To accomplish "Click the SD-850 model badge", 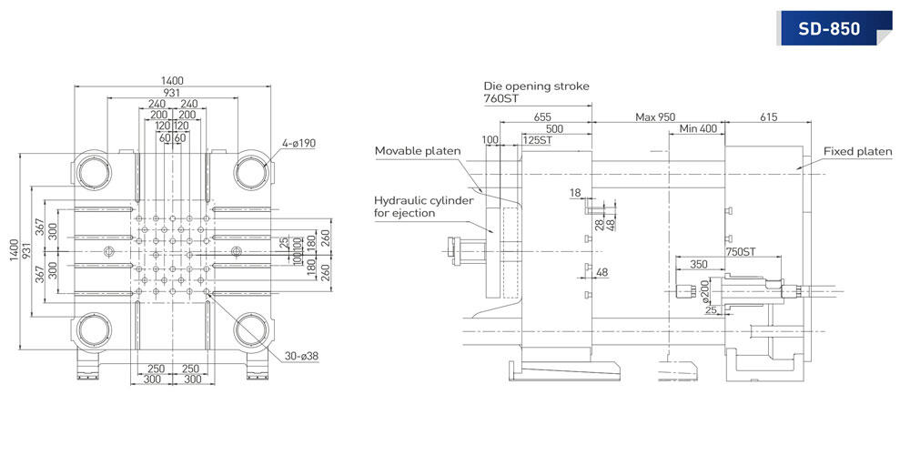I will click(x=829, y=28).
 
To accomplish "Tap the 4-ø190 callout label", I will click(x=298, y=143).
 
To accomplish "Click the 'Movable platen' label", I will click(x=418, y=150).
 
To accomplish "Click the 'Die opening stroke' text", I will click(x=536, y=86).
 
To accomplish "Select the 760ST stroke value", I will click(x=500, y=99).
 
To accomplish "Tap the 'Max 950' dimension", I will click(x=655, y=116).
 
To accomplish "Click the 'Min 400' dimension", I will click(x=698, y=129).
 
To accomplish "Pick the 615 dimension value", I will click(x=767, y=116).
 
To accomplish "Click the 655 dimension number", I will click(x=543, y=116).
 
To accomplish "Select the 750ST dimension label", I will click(x=743, y=252).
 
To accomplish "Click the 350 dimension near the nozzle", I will click(x=699, y=264).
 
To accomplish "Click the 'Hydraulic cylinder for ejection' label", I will click(x=418, y=207).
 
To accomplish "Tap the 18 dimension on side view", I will click(x=574, y=193).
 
